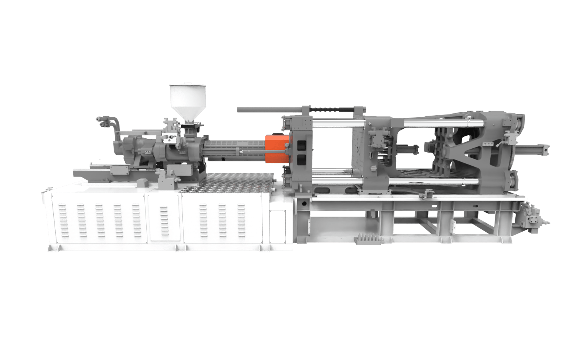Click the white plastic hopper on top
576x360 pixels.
tap(188, 98)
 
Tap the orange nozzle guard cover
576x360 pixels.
tap(276, 148)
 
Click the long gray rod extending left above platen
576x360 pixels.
tap(269, 110)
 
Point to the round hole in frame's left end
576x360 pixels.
tap(303, 202)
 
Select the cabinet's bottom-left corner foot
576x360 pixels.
tap(52, 248)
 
